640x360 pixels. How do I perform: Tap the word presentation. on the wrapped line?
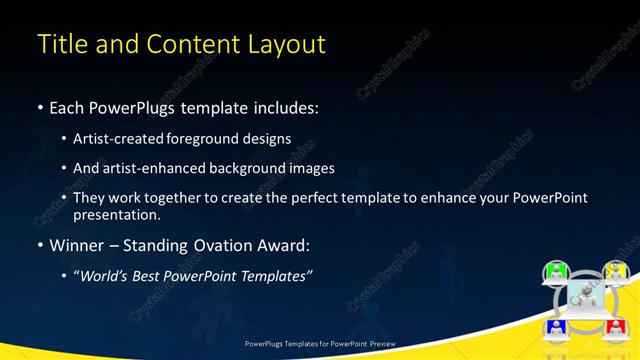click(x=116, y=214)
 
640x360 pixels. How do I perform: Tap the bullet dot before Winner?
click(x=40, y=245)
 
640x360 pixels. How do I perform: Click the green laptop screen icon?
click(x=556, y=270)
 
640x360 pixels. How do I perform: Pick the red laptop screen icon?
click(x=614, y=325)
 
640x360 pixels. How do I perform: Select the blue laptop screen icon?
click(x=556, y=325)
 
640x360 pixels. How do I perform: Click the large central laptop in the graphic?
click(x=585, y=297)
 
